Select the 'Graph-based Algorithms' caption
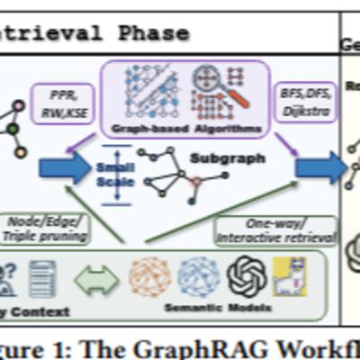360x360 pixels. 184,129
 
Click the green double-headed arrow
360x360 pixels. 96,278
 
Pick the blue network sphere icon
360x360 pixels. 198,278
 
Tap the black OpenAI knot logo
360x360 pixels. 247,277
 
